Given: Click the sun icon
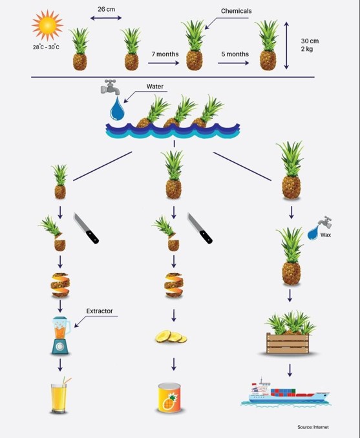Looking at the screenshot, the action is (x=47, y=25).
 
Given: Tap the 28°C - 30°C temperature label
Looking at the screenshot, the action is (x=46, y=47).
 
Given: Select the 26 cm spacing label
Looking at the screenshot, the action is (x=106, y=9).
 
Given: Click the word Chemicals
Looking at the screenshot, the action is (x=236, y=11).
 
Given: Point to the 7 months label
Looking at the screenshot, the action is (x=165, y=54).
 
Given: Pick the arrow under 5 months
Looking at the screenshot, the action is (x=233, y=63).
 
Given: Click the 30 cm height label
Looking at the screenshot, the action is (x=310, y=41).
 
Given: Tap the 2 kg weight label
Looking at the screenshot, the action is (x=307, y=49).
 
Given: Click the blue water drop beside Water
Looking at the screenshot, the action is (x=117, y=109).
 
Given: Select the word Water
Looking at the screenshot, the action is (x=155, y=87).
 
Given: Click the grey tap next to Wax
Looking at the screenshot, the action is (x=325, y=222).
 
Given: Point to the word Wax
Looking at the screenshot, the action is (x=326, y=235).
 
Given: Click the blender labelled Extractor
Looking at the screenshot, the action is (x=61, y=335).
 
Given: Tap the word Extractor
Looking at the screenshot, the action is (x=100, y=311).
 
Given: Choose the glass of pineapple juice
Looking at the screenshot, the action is (x=60, y=395).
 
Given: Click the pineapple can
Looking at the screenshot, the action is (x=169, y=397).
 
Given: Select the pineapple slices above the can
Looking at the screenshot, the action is (x=171, y=337).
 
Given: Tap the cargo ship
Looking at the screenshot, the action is (x=286, y=392).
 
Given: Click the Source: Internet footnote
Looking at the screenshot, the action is (x=313, y=427).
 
